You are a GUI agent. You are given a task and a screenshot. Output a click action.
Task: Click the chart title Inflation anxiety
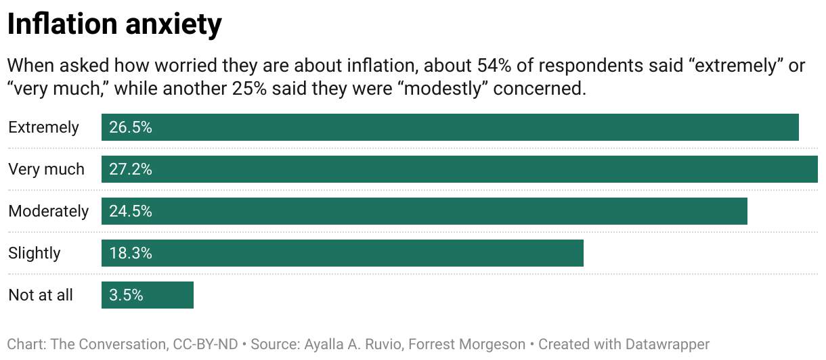[x=114, y=24]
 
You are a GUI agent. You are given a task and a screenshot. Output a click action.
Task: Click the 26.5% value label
[x=131, y=127]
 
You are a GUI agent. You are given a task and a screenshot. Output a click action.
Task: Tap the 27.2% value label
[x=131, y=169]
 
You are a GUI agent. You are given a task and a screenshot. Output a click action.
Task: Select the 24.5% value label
[x=131, y=211]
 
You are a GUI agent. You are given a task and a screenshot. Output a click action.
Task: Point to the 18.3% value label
[x=131, y=253]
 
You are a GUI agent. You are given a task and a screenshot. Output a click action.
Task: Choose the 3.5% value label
[x=126, y=295]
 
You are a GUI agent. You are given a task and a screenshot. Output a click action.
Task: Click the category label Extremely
[x=43, y=127]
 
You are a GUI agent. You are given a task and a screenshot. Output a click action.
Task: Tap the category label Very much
[x=46, y=169]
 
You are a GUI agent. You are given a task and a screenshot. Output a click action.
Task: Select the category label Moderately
[x=48, y=211]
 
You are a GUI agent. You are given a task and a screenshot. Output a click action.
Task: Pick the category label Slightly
[x=35, y=253]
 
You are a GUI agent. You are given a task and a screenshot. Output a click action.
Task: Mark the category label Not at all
[x=41, y=295]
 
